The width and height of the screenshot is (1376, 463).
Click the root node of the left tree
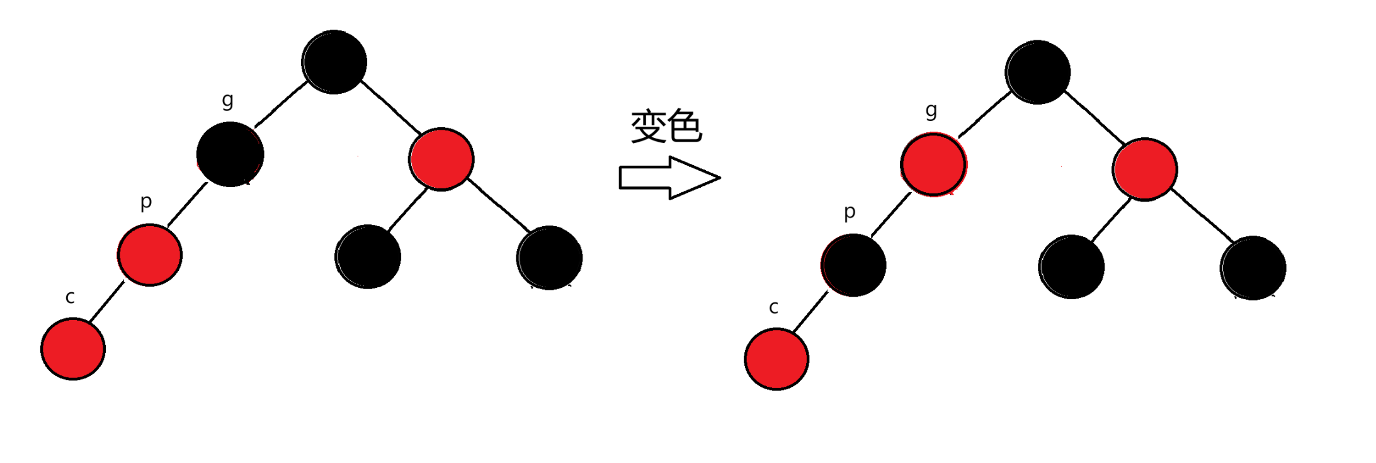[x=334, y=62]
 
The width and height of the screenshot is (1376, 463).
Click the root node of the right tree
[x=1038, y=72]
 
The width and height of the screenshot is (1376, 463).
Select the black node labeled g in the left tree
[x=230, y=154]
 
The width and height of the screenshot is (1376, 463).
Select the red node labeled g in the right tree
[x=933, y=164]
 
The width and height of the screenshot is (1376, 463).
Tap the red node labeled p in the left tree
[x=150, y=254]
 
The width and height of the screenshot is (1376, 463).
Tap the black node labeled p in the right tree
[x=854, y=265]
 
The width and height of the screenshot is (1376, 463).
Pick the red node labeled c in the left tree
[x=73, y=349]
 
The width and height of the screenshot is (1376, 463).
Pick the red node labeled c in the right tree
[x=776, y=359]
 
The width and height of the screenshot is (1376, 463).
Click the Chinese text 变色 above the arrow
[x=666, y=126]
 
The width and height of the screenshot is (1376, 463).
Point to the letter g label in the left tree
[x=227, y=100]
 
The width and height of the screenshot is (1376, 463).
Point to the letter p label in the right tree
[x=850, y=212]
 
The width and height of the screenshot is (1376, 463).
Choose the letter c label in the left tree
[x=70, y=297]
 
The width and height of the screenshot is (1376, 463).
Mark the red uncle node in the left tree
[x=441, y=159]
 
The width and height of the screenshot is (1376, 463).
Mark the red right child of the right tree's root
[x=1145, y=169]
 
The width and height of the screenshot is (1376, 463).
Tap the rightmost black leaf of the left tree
[x=550, y=258]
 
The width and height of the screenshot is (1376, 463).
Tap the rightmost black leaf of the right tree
[x=1253, y=268]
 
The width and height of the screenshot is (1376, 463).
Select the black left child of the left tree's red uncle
[x=368, y=256]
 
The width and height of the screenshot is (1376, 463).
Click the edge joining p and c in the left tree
[x=107, y=302]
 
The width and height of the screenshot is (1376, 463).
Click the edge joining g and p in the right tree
[x=891, y=214]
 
